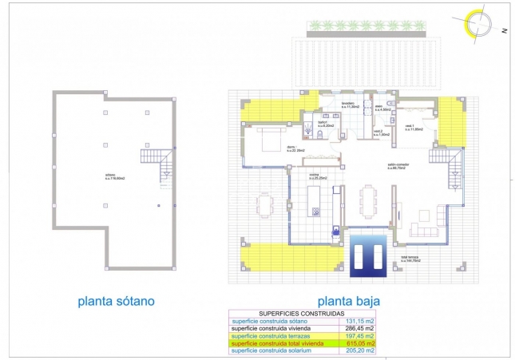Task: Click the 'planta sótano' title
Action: click(x=116, y=301)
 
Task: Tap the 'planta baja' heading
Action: click(x=348, y=302)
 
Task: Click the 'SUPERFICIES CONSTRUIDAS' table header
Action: click(x=302, y=314)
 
